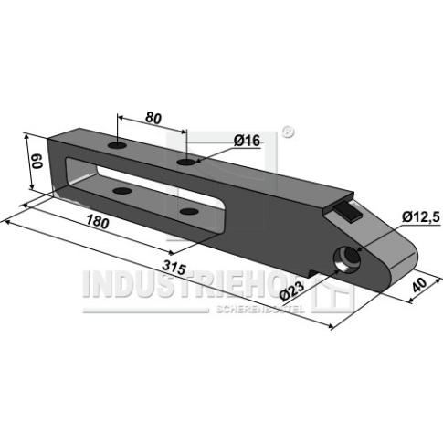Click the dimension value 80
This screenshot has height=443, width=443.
pyautogui.click(x=153, y=118)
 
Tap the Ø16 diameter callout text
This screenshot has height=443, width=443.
pyautogui.click(x=247, y=141)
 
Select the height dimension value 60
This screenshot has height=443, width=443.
pyautogui.click(x=37, y=161)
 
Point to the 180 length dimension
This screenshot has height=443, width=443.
pyautogui.click(x=97, y=221)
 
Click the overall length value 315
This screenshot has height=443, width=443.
pyautogui.click(x=174, y=267)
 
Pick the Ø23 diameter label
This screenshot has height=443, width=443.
pyautogui.click(x=291, y=290)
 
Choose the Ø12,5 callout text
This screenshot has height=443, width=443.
pyautogui.click(x=421, y=217)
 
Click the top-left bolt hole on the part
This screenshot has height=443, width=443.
pyautogui.click(x=117, y=145)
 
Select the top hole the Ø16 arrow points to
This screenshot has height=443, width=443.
pyautogui.click(x=186, y=162)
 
